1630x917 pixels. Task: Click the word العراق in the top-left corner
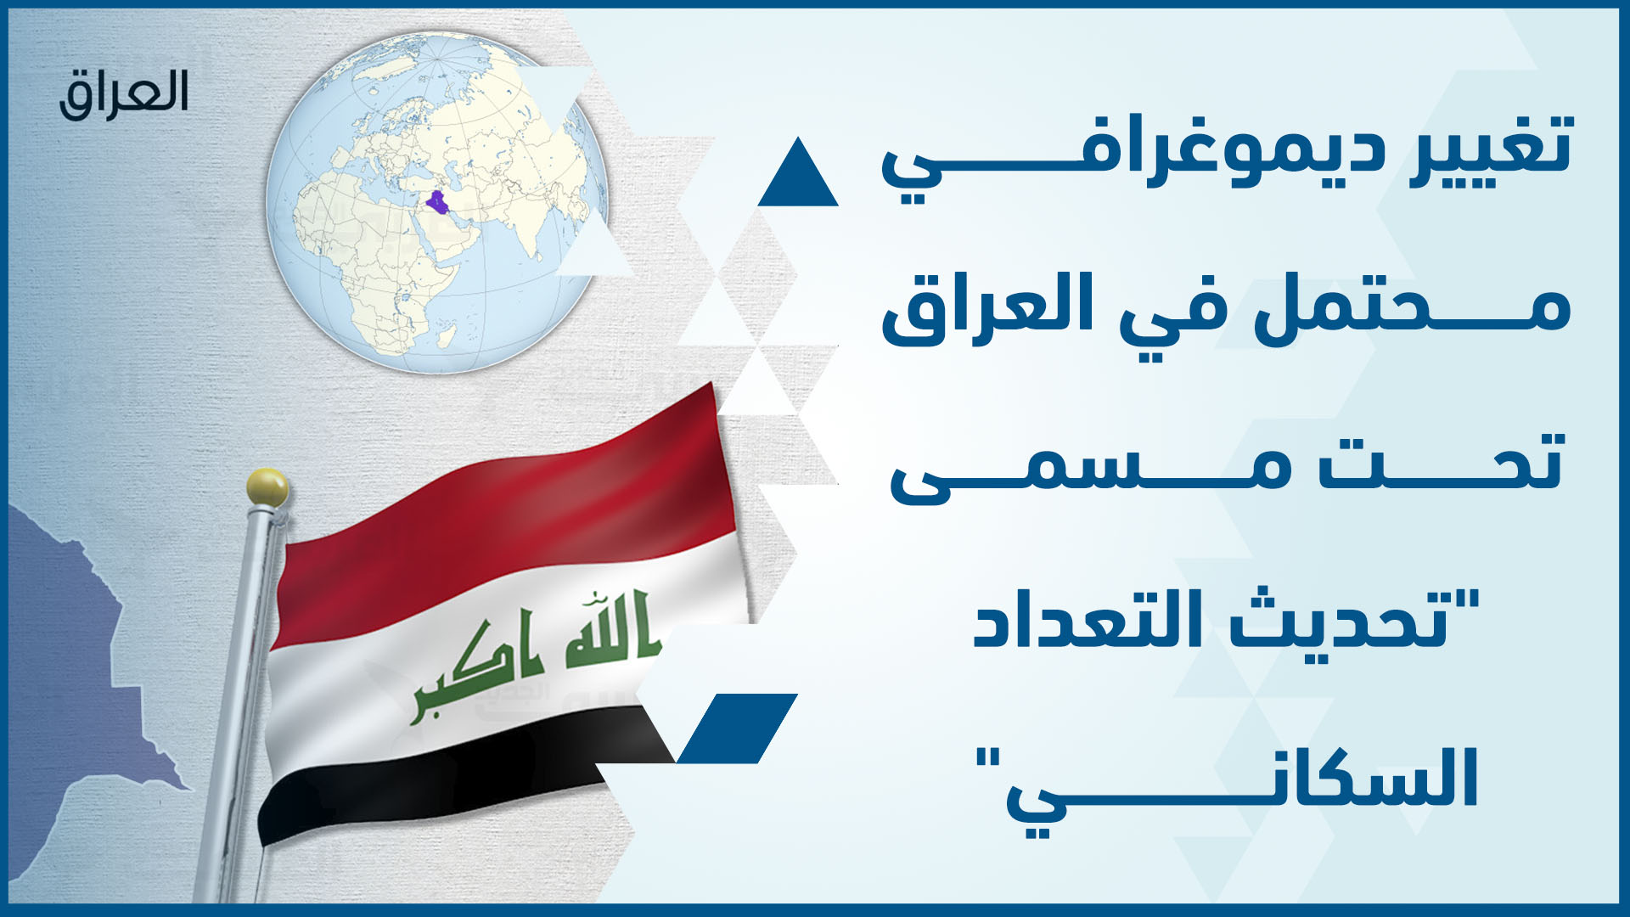(x=124, y=93)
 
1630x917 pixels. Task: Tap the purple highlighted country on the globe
(x=437, y=203)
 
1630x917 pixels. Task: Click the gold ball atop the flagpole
(x=267, y=487)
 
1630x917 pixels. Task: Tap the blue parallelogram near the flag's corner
(x=737, y=729)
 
